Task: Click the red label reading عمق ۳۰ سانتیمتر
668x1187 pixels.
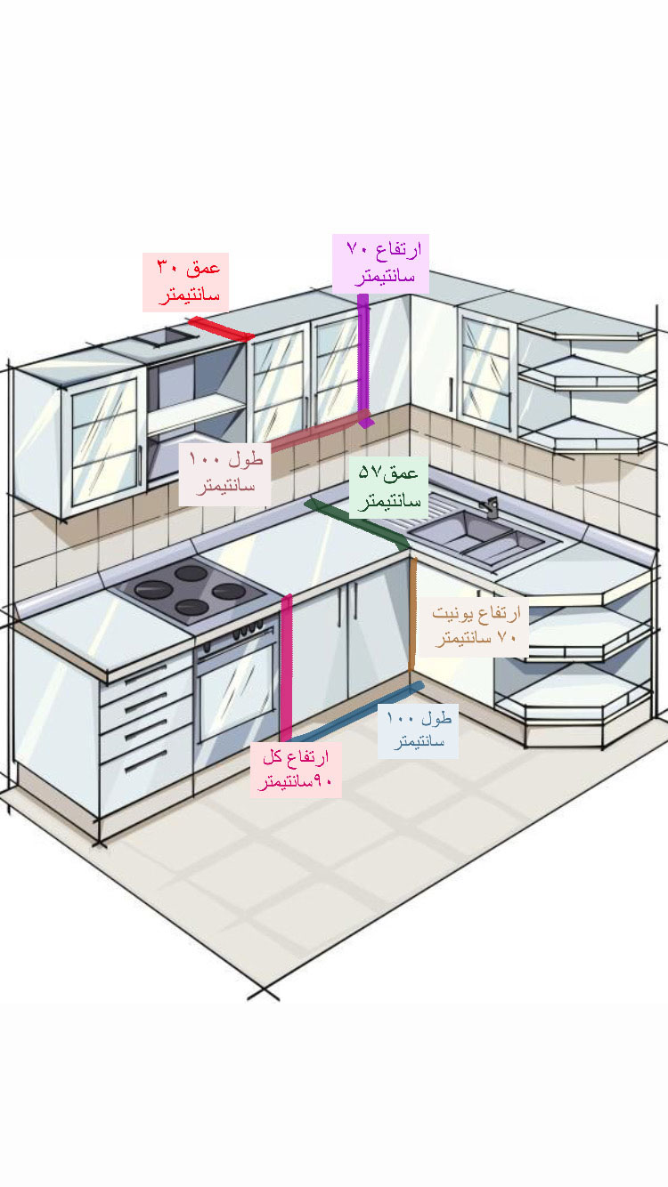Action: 185,282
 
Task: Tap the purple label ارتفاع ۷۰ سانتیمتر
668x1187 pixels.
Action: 380,263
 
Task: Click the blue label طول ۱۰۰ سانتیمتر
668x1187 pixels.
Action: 418,730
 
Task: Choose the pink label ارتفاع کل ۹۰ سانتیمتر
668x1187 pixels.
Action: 295,770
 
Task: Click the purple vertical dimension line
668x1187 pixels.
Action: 363,356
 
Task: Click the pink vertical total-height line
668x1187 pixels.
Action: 286,667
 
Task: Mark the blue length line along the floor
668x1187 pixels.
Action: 356,712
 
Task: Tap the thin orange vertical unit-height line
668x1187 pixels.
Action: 412,614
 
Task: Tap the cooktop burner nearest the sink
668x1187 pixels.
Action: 228,590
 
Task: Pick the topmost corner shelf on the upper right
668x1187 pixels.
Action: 583,330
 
